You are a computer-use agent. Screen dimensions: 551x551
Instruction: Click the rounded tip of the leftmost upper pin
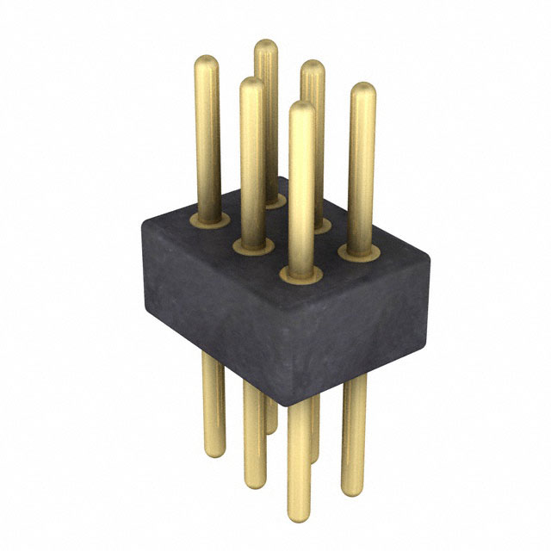point(207,64)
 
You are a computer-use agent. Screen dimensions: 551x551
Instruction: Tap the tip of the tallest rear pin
point(266,47)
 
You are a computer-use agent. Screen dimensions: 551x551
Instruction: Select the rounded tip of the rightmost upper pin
point(363,91)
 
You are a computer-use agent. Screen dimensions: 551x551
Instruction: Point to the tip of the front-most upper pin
point(301,110)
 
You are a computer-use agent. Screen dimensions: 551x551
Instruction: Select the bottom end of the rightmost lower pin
point(353,491)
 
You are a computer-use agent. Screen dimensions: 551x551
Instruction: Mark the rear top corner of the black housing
point(277,179)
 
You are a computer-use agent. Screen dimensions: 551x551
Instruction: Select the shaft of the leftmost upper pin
point(207,138)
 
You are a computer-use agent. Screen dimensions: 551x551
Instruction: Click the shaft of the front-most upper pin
point(301,189)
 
